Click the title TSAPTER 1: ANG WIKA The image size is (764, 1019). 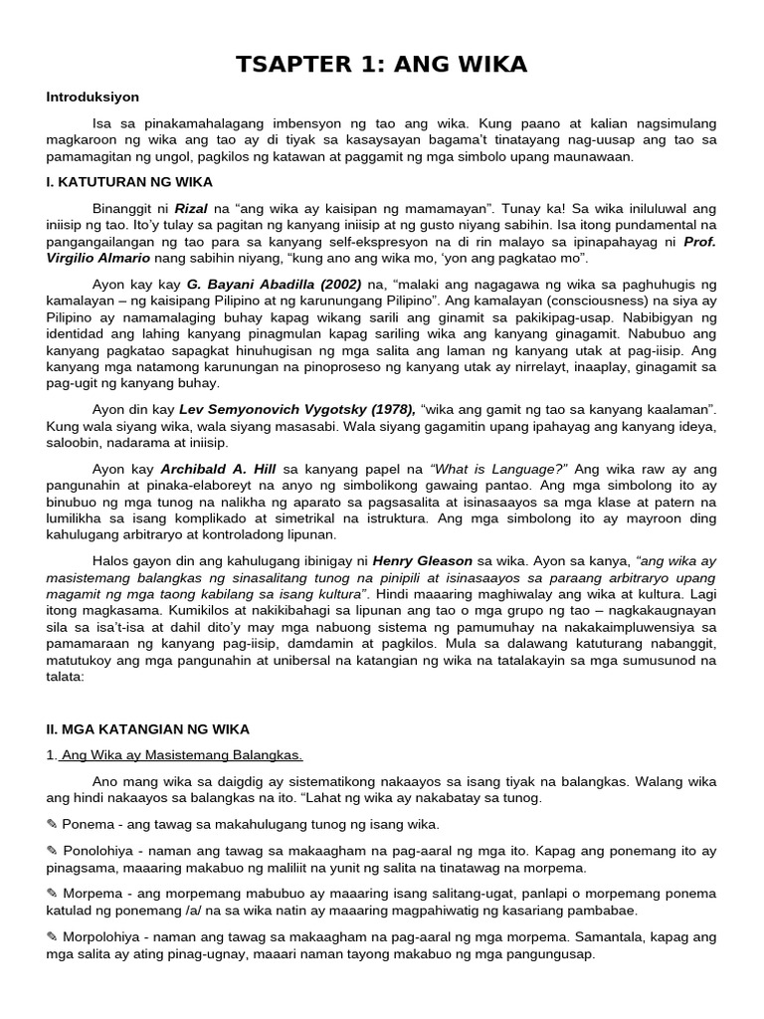pos(382,65)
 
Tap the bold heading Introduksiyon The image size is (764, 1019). pos(93,98)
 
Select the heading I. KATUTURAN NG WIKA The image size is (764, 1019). pos(129,182)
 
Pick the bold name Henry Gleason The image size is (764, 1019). pos(415,560)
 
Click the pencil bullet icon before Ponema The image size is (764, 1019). pos(52,825)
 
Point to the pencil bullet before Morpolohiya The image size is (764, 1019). pos(52,937)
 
